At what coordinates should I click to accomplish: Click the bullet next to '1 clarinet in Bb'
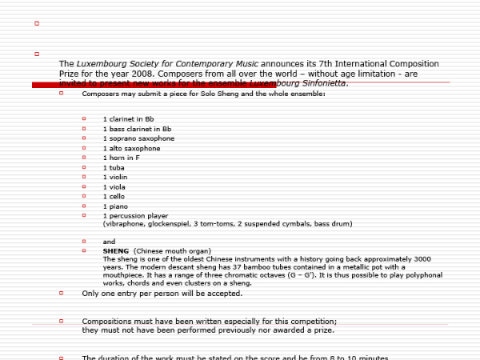point(83,118)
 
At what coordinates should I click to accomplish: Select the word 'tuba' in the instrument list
point(116,167)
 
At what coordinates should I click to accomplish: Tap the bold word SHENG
point(116,250)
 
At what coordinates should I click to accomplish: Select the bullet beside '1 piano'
point(83,206)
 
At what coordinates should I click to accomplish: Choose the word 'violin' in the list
point(118,177)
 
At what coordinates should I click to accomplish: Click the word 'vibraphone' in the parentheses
point(124,224)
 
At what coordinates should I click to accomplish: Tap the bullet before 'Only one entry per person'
point(62,294)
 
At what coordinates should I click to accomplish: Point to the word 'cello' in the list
point(116,196)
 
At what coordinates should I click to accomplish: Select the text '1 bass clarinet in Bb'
point(137,128)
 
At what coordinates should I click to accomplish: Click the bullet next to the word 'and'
point(83,241)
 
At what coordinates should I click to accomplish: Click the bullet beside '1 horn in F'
point(83,157)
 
